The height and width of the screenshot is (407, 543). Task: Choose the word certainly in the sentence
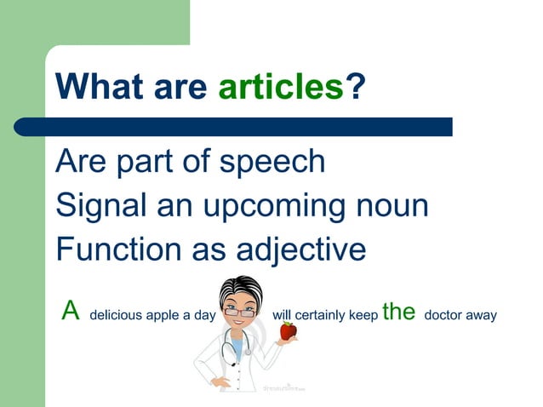[319, 316]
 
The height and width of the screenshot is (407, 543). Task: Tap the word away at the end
[481, 316]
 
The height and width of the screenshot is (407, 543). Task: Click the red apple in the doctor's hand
[289, 330]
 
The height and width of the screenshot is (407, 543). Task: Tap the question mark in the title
[356, 87]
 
